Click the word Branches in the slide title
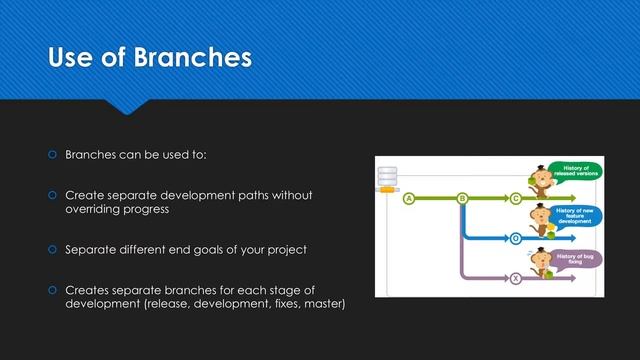(x=191, y=59)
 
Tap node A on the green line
(x=408, y=199)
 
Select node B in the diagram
(x=462, y=199)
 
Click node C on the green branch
(x=516, y=199)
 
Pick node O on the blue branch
(x=516, y=239)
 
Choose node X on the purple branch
(x=516, y=279)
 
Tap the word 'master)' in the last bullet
(x=324, y=303)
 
